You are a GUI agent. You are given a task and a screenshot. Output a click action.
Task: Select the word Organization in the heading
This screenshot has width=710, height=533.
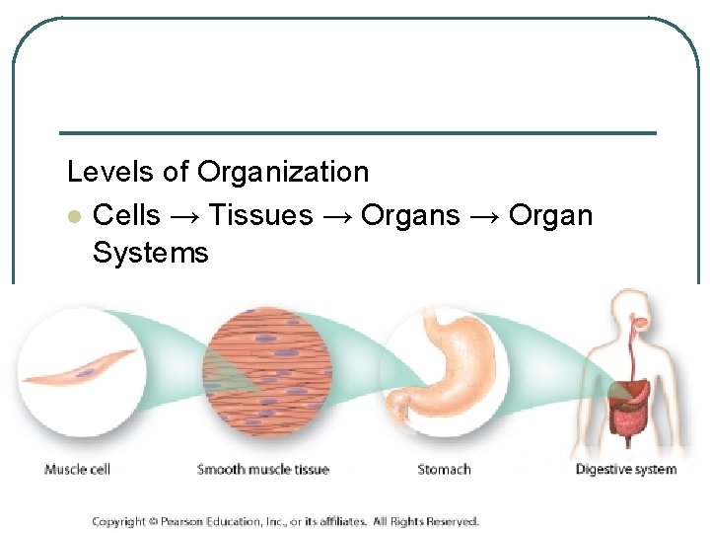(283, 173)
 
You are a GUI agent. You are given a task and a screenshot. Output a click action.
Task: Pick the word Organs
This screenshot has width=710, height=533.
(410, 215)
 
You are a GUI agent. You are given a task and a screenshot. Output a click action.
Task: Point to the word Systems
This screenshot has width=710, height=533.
(150, 253)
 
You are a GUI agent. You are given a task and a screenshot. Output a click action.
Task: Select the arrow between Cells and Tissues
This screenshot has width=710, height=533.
(184, 216)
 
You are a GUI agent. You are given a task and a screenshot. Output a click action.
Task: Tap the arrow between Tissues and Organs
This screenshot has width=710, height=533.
(336, 216)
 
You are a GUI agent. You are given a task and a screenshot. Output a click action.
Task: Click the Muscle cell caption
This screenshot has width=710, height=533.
(79, 470)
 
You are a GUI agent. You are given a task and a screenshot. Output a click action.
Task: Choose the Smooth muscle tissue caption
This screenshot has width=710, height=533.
(262, 470)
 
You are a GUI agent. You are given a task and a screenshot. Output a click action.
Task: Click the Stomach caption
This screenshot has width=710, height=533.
(444, 470)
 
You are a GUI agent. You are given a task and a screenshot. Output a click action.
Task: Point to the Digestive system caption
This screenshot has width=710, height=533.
(626, 470)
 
